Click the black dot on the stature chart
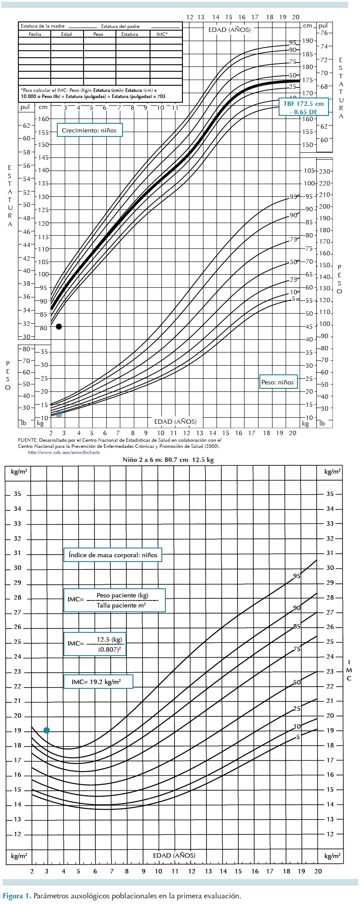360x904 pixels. click(59, 327)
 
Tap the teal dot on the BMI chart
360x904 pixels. click(47, 730)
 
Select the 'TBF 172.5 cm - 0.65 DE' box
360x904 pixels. click(303, 108)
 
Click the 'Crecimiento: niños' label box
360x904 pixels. click(90, 130)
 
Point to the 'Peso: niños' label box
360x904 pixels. click(278, 382)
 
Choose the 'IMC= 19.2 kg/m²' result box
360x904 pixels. click(98, 681)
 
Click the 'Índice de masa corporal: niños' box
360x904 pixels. click(112, 555)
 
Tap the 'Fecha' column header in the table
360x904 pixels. click(35, 34)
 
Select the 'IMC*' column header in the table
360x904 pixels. click(162, 34)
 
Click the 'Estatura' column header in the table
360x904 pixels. click(129, 34)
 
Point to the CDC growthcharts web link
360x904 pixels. click(63, 452)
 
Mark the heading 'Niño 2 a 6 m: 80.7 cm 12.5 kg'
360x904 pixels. click(168, 460)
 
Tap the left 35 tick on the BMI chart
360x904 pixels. click(17, 494)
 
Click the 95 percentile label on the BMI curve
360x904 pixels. click(297, 576)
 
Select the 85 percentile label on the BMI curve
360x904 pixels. click(297, 626)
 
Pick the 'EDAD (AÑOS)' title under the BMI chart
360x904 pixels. click(174, 855)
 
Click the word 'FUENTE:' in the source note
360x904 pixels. click(28, 440)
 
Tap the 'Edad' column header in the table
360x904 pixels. click(66, 34)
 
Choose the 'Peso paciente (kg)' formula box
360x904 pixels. click(115, 600)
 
